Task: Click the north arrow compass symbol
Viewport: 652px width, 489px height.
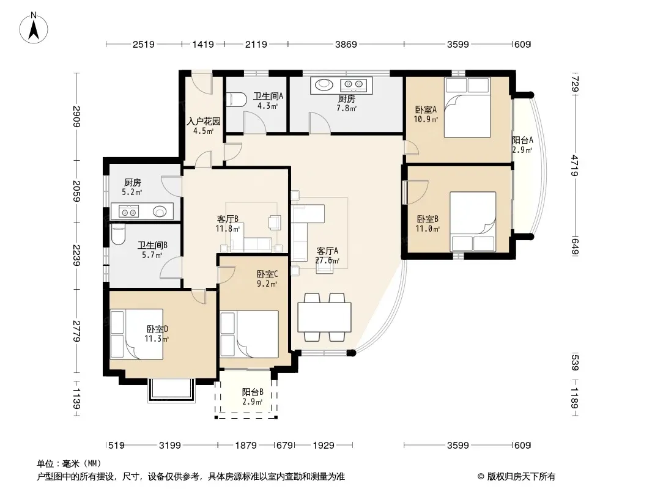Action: pos(34,28)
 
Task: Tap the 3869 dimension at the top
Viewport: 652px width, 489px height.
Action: pos(346,44)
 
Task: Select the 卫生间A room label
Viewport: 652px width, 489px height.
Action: pos(269,96)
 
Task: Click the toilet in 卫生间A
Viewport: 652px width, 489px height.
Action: pos(232,100)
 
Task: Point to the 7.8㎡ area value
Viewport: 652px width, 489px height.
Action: pos(346,108)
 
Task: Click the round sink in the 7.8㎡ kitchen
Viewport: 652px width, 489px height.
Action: pos(324,85)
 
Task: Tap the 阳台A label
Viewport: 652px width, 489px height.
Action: pos(522,141)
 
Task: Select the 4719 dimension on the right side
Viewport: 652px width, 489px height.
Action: pos(575,166)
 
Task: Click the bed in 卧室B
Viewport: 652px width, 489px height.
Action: pos(473,221)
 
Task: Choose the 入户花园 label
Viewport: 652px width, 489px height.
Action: pos(203,121)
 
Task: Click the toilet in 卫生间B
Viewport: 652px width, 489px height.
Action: pos(118,235)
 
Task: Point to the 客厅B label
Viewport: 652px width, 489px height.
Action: pos(228,219)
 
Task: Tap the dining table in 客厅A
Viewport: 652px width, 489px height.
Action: pos(324,317)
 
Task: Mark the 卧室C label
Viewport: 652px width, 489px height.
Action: pos(267,274)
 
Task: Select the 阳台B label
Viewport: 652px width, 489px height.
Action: pos(253,392)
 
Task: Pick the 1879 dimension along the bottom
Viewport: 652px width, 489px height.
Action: pos(246,446)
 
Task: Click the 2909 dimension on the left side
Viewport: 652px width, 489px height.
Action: pos(76,116)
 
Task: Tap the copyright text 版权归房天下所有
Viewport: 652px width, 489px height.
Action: pos(520,477)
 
